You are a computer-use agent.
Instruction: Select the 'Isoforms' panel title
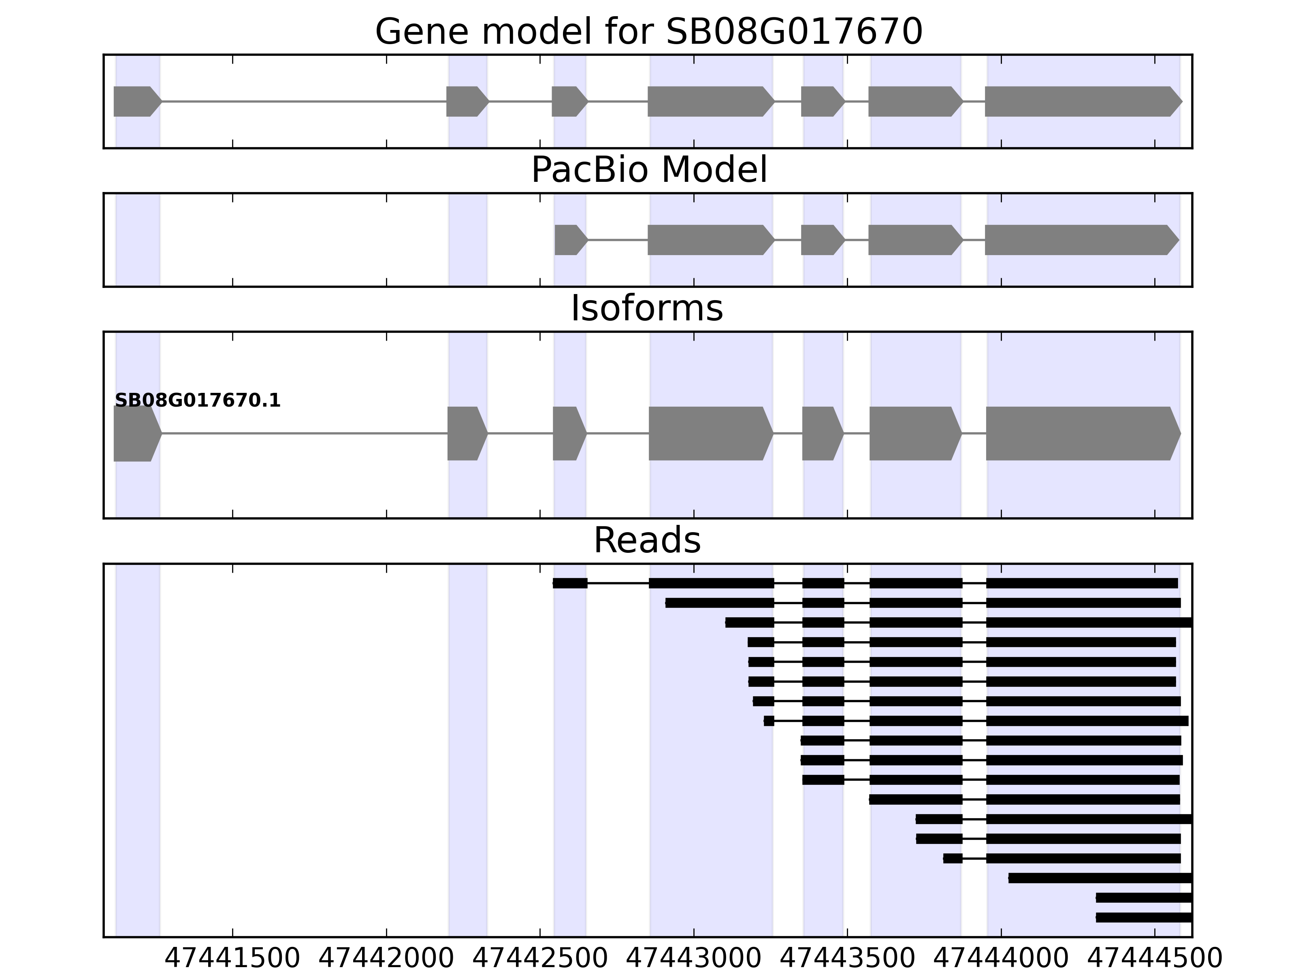tap(647, 309)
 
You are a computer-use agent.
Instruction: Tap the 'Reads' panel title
tap(647, 540)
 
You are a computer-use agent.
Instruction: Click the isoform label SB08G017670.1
tap(198, 401)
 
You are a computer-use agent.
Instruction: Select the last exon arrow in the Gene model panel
tap(1081, 101)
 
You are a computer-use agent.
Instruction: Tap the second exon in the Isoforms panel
tap(466, 434)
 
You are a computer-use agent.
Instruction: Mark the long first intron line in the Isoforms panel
tap(305, 434)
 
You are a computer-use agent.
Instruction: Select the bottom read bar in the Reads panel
tap(1144, 917)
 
